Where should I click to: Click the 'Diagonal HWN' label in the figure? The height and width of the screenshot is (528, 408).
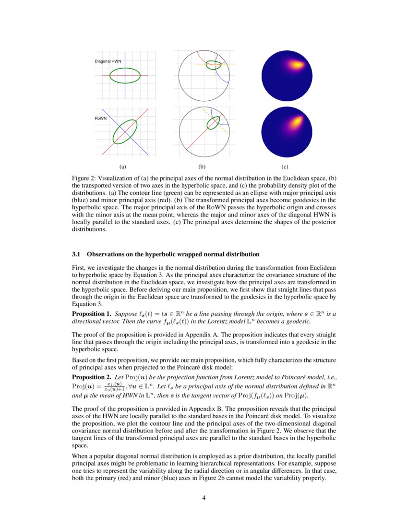pyautogui.click(x=108, y=62)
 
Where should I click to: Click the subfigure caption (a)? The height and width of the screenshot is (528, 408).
pyautogui.click(x=122, y=167)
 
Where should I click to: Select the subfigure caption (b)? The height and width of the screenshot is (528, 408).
pyautogui.click(x=202, y=167)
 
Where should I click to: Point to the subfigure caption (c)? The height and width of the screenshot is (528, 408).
pyautogui.click(x=285, y=167)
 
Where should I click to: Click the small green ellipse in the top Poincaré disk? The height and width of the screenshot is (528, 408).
pyautogui.click(x=213, y=65)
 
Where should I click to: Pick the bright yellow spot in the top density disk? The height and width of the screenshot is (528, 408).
pyautogui.click(x=298, y=64)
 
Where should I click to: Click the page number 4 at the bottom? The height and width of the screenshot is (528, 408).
pyautogui.click(x=204, y=498)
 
